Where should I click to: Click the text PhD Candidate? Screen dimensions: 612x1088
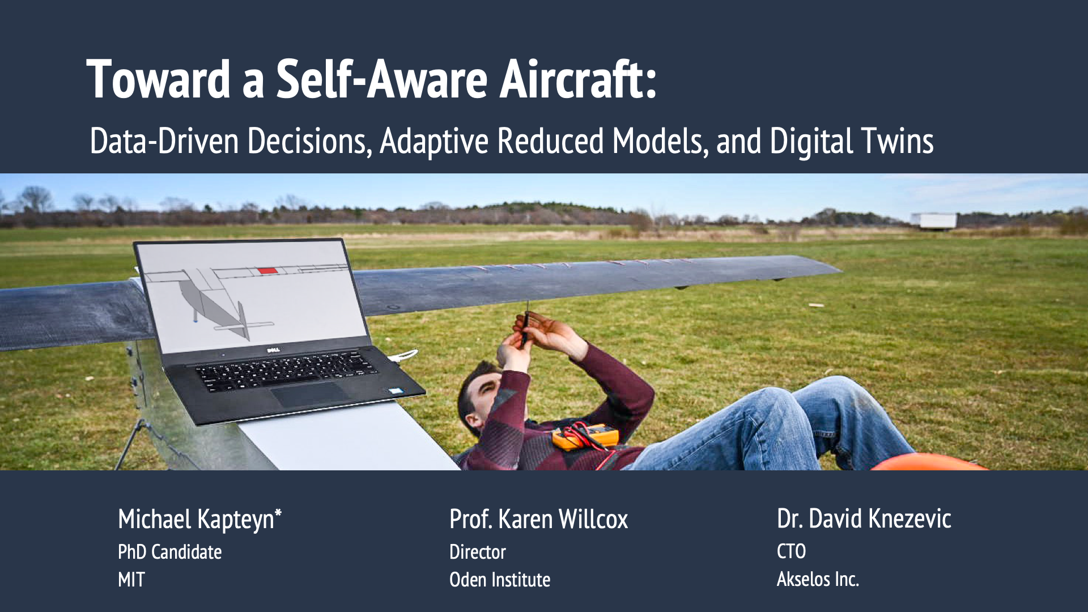[169, 552]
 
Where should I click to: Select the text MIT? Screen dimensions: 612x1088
[131, 580]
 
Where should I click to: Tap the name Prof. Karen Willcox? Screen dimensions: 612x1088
[538, 519]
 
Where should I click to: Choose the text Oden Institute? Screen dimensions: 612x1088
[499, 580]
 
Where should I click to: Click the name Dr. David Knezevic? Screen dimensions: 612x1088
[864, 519]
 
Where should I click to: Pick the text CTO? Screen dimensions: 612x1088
[791, 551]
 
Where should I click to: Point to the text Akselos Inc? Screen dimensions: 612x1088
[818, 579]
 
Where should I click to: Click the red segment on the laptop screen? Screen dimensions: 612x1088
[268, 271]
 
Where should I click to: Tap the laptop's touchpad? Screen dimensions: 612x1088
[311, 394]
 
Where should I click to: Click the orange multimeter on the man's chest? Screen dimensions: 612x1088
[586, 437]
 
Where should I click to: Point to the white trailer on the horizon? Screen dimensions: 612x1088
[933, 220]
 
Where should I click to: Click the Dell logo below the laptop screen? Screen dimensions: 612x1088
[274, 350]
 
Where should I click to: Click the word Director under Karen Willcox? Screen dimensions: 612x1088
[477, 552]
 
